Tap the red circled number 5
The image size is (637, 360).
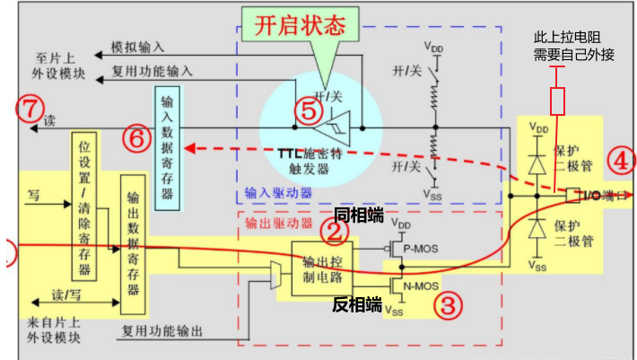coord(308,110)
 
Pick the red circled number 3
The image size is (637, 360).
coord(449,303)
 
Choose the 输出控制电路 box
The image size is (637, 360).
coord(322,268)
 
